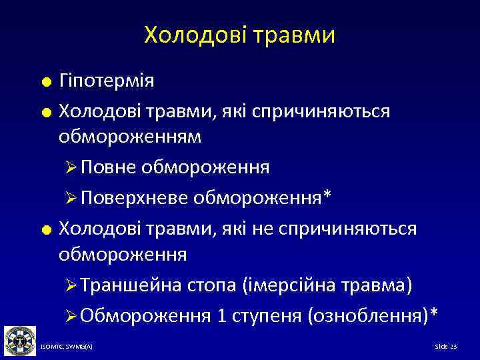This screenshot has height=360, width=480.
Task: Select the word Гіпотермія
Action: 107,81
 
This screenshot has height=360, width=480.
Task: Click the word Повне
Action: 109,167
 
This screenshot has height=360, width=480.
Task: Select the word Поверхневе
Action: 135,197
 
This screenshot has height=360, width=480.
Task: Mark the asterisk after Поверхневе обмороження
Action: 327,195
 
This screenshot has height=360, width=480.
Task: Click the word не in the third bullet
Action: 265,228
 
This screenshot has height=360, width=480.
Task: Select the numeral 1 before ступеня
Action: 221,315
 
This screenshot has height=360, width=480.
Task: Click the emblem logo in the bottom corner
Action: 19,341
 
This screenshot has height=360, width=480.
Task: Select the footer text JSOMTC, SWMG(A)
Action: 67,347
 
